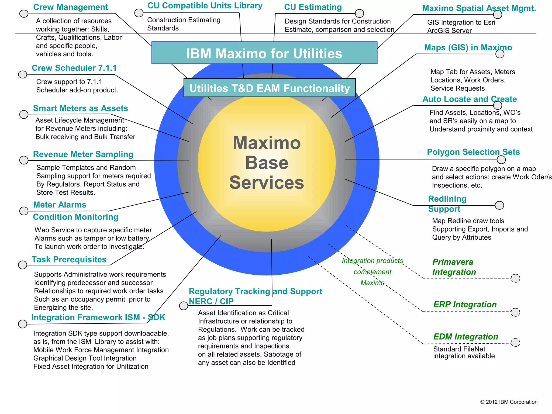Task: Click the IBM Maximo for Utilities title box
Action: point(264,53)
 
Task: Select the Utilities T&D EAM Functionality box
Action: point(270,88)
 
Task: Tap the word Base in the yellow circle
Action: point(267,163)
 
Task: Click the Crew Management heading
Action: point(70,7)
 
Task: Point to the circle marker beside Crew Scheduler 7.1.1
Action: point(23,74)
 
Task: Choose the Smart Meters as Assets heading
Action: point(80,108)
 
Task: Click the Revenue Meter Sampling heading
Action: point(83,154)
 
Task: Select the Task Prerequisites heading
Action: point(69,260)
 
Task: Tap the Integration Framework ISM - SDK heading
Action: point(98,318)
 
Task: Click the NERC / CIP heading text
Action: point(211,301)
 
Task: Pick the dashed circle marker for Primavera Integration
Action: point(515,278)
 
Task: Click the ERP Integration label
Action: point(465,305)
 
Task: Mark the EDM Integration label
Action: point(465,337)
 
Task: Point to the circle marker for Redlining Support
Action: point(499,205)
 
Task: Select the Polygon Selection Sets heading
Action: point(473,152)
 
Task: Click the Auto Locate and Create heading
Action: point(470,99)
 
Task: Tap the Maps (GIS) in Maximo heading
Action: point(468,48)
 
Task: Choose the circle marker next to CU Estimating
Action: point(359,13)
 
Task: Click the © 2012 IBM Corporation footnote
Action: point(509,402)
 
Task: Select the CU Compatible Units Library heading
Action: point(205,6)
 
